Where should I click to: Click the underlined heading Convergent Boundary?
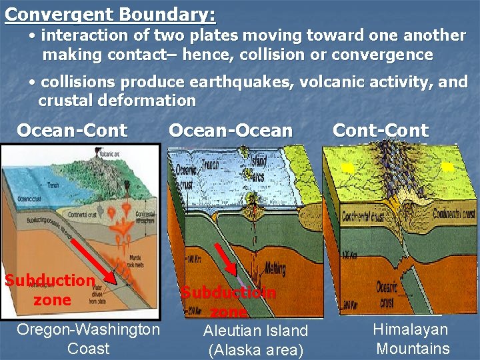(110, 13)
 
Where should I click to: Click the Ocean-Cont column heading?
(72, 130)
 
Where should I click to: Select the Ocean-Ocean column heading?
(231, 130)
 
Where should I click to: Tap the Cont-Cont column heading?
(381, 130)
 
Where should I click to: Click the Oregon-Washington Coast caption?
(88, 339)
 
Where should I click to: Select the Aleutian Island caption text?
(255, 331)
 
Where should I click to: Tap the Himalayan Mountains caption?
(411, 339)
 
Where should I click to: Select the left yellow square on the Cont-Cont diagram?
(347, 169)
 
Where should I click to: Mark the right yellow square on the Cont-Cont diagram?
(448, 168)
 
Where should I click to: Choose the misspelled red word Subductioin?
(228, 292)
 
